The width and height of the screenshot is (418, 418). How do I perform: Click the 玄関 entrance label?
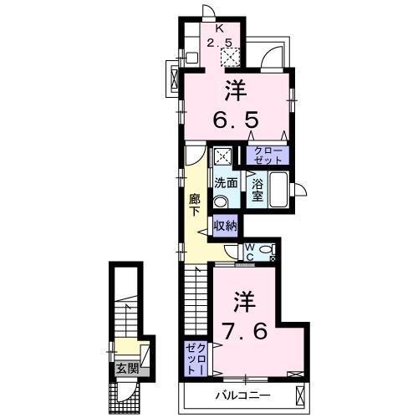127,370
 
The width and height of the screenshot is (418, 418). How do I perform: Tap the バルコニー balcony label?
243,395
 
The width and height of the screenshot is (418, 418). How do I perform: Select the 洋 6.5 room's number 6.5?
237,120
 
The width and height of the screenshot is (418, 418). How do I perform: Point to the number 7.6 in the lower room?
245,331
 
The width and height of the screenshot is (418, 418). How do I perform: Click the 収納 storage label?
226,227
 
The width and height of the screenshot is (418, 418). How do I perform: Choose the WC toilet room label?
250,252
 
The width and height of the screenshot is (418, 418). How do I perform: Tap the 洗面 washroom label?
226,183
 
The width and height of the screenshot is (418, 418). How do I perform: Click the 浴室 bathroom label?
257,190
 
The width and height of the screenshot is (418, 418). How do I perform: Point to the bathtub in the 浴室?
278,190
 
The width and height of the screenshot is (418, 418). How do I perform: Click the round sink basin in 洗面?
221,202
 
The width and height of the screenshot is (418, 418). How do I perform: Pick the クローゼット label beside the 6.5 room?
268,155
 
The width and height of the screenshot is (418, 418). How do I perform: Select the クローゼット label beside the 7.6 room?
196,359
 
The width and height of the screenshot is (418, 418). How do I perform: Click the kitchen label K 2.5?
220,35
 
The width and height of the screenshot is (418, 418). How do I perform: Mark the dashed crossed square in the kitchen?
230,58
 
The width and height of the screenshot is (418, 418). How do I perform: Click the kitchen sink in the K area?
191,58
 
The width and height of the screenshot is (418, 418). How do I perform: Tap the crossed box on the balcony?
300,395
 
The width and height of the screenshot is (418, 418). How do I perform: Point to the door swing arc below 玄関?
133,393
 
